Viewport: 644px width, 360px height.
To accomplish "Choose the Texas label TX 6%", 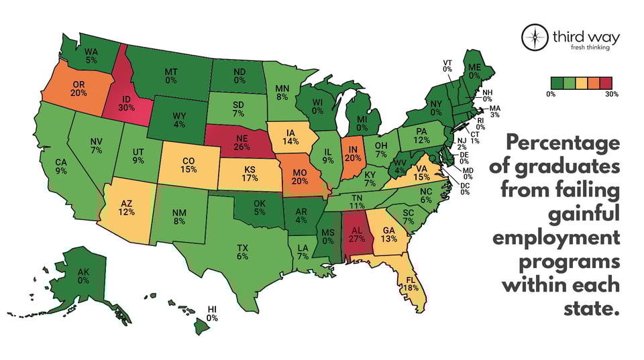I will click(x=242, y=251).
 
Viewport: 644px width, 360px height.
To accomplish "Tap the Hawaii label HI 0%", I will click(x=212, y=313).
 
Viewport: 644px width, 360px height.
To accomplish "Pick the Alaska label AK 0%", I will click(x=83, y=276).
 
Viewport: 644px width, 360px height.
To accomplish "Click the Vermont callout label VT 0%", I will click(x=447, y=65).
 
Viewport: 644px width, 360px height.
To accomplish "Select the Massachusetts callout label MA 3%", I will click(x=495, y=111).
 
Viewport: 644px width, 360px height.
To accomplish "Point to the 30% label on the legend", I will click(x=611, y=95).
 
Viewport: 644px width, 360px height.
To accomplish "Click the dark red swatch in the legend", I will click(x=612, y=82).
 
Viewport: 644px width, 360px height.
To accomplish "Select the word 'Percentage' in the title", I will click(x=561, y=143).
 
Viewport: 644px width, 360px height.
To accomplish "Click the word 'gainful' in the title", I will click(x=580, y=215).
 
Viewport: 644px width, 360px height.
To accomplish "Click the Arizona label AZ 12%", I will click(x=127, y=206).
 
